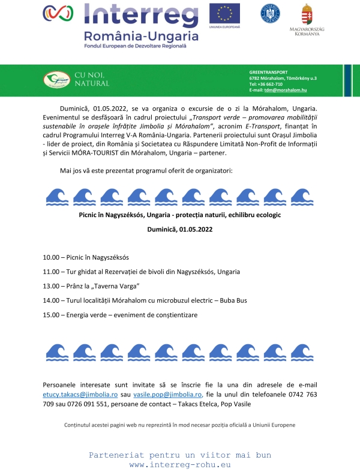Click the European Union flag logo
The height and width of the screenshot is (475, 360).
(x=224, y=13)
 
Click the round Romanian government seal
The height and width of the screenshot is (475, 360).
(x=269, y=13)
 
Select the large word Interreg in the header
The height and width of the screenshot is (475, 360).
(x=140, y=14)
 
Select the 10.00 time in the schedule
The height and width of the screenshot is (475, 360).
(x=50, y=258)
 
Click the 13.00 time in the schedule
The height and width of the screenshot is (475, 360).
(x=50, y=286)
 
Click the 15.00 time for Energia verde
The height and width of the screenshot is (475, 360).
(x=50, y=315)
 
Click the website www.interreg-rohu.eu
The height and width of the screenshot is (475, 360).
(x=180, y=465)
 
